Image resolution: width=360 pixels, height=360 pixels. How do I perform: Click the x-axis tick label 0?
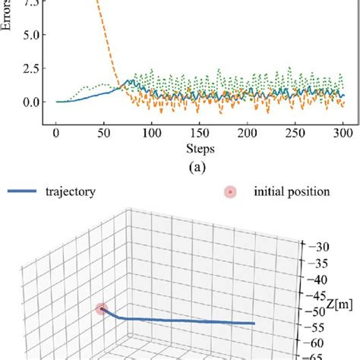(x=56, y=134)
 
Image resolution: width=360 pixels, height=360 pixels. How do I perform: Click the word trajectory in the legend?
(x=70, y=192)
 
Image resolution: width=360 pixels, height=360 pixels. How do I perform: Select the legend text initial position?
(x=292, y=192)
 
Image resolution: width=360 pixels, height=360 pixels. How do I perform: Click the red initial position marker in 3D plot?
(x=102, y=309)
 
